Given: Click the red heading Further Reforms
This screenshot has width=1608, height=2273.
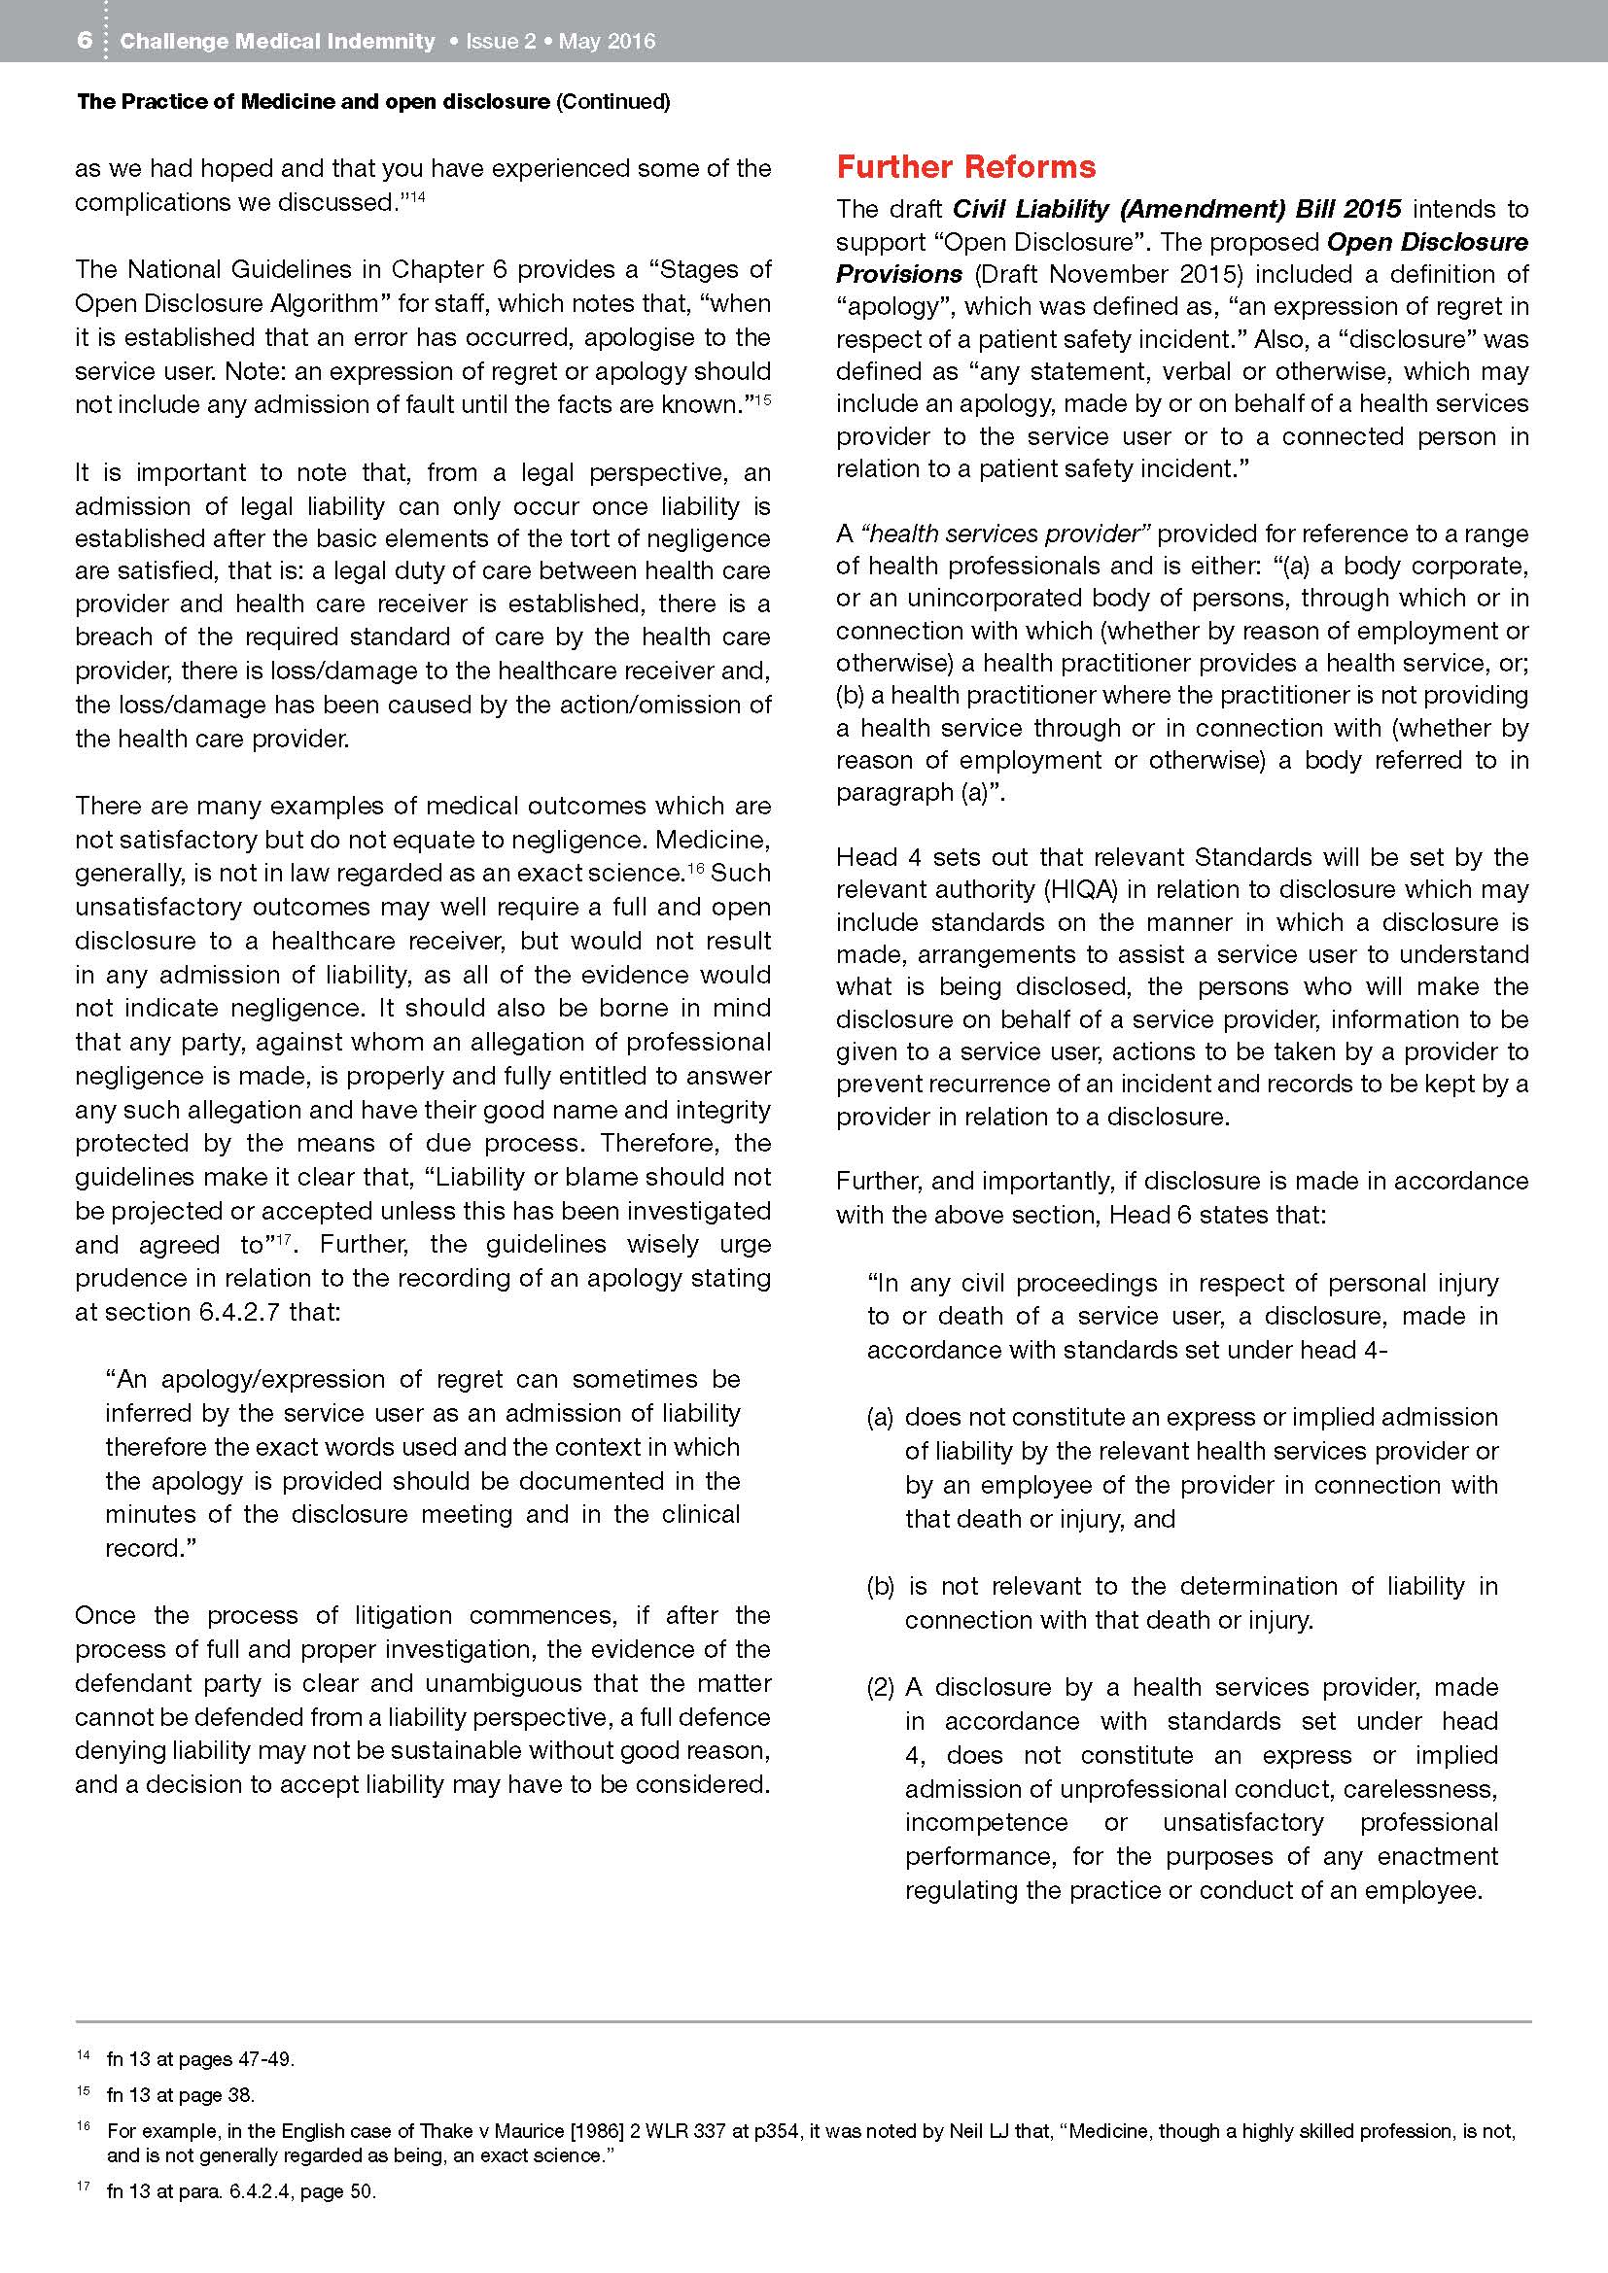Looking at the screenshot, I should pos(965,166).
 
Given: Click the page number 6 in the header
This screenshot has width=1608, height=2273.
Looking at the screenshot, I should pos(86,41).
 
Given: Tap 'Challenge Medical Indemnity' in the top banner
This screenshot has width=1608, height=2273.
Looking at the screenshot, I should pos(277,41).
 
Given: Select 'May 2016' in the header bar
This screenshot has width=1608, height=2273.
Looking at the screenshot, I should pos(607,41).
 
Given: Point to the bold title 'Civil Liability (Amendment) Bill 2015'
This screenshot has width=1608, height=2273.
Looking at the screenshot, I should pos(1176,209).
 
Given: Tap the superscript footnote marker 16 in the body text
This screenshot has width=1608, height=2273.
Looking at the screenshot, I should pos(694,866).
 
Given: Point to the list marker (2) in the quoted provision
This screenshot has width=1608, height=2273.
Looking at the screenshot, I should pos(880,1687).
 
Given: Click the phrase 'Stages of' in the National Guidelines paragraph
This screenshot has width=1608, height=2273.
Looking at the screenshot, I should pos(716,269).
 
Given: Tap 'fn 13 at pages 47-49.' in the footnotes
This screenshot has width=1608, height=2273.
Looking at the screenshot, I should pos(201,2059).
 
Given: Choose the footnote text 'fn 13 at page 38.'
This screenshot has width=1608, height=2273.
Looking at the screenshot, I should pos(180,2095).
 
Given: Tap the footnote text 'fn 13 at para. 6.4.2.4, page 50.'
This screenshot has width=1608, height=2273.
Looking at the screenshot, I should pos(242,2190).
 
